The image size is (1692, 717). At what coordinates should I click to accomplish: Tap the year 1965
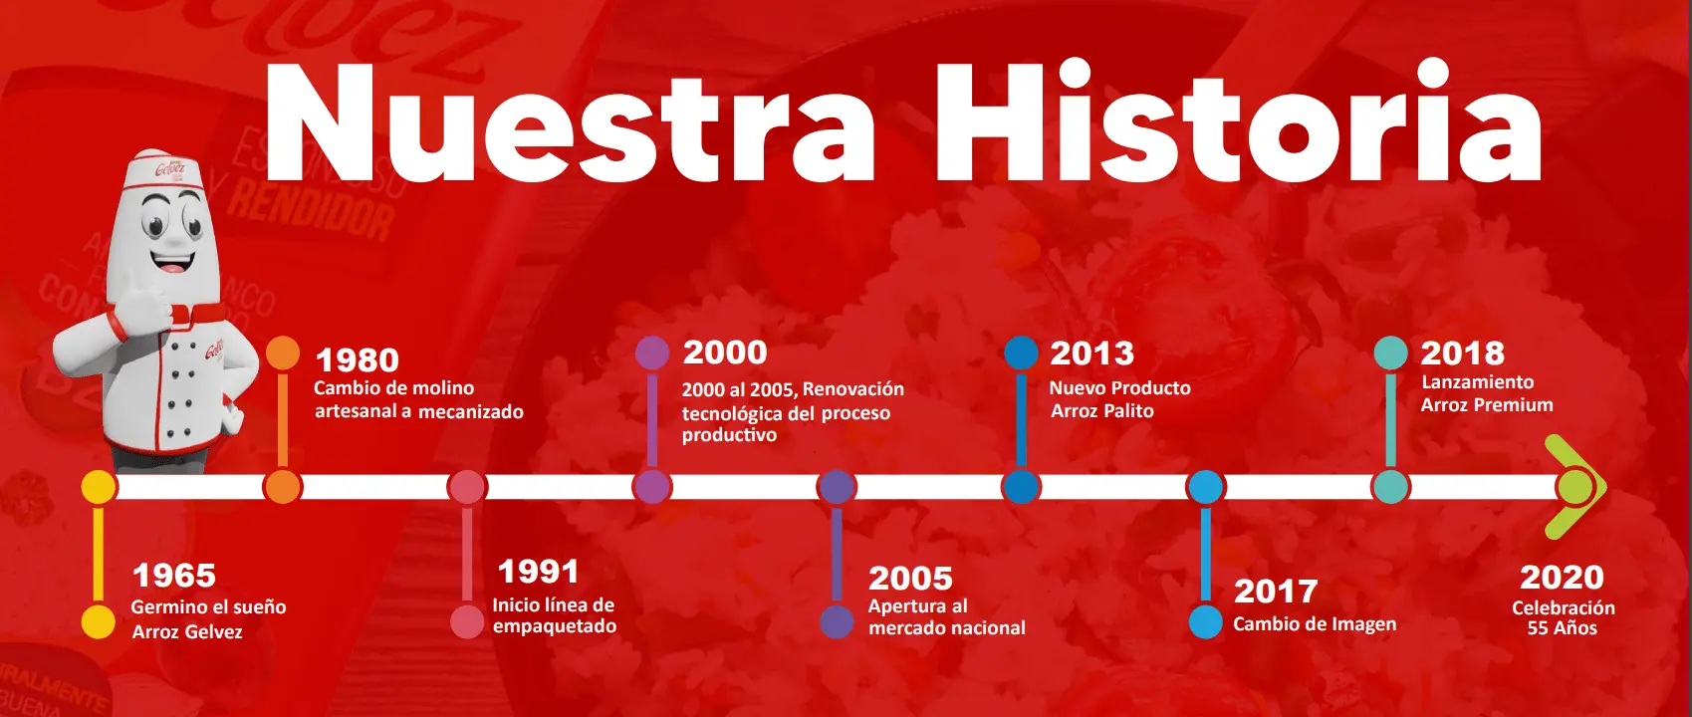pyautogui.click(x=174, y=576)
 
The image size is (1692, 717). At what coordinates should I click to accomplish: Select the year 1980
pyautogui.click(x=358, y=360)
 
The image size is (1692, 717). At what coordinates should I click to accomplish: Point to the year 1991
pyautogui.click(x=539, y=572)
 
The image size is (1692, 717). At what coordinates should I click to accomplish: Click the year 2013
pyautogui.click(x=1092, y=354)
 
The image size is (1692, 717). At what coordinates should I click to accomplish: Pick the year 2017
pyautogui.click(x=1276, y=592)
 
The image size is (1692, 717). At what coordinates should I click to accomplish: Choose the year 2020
pyautogui.click(x=1563, y=578)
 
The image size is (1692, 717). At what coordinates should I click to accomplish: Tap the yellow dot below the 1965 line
pyautogui.click(x=99, y=621)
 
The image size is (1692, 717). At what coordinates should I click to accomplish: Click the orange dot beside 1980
pyautogui.click(x=283, y=354)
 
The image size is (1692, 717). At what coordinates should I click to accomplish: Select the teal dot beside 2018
pyautogui.click(x=1390, y=353)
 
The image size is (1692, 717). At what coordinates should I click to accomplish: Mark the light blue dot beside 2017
pyautogui.click(x=1206, y=621)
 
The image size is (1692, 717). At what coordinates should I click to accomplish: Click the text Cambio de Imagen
pyautogui.click(x=1316, y=624)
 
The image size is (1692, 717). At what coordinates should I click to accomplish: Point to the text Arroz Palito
pyautogui.click(x=1102, y=411)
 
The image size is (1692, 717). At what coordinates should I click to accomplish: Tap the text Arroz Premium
pyautogui.click(x=1487, y=405)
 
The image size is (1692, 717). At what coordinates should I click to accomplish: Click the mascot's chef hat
pyautogui.click(x=167, y=172)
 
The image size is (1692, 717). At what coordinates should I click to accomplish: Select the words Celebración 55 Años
pyautogui.click(x=1563, y=618)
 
